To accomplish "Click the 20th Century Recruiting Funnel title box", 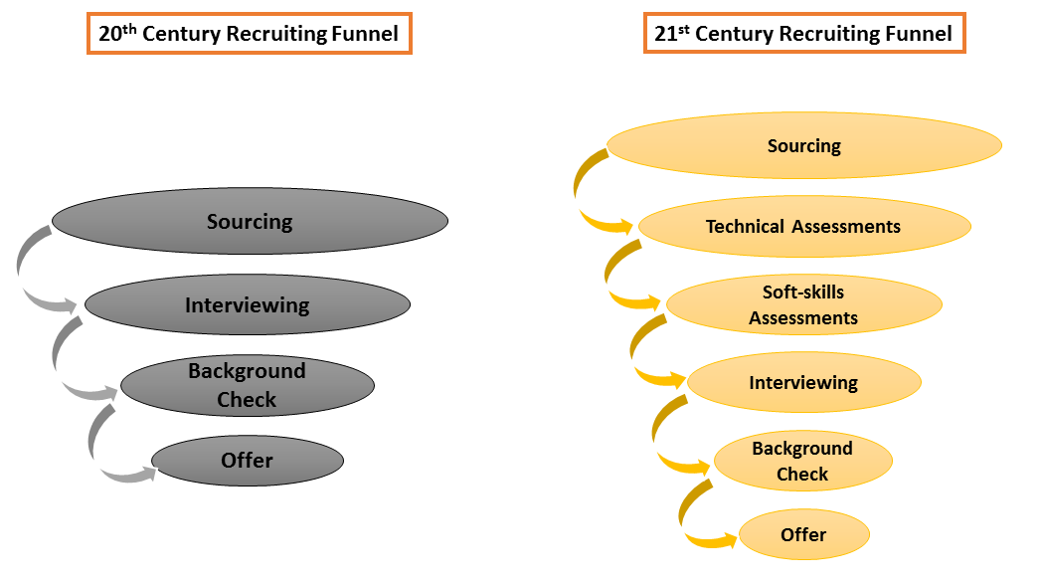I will (x=249, y=34).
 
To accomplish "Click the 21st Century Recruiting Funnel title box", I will (x=803, y=34).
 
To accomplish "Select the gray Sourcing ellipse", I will (x=250, y=221).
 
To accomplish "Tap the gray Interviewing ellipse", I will (x=247, y=304).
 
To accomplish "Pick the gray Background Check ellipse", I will (x=247, y=385).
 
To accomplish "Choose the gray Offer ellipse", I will (x=247, y=460).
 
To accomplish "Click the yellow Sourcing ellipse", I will (x=803, y=146).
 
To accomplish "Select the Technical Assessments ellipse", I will (x=803, y=227).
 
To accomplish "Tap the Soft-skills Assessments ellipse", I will (x=803, y=304).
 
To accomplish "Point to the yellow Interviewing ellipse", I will (x=803, y=383).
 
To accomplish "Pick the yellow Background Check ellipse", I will (x=803, y=461).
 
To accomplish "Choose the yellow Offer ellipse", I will (x=803, y=534).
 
